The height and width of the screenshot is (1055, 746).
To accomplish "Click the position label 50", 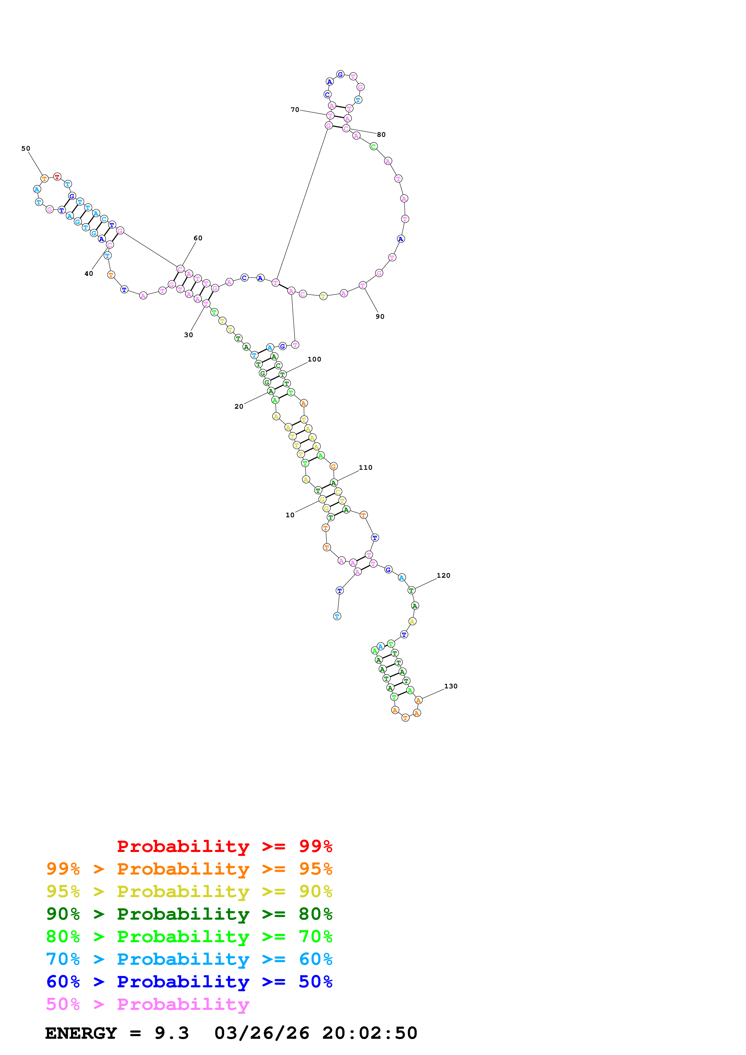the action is click(x=26, y=149).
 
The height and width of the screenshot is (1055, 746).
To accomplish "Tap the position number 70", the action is click(x=295, y=110).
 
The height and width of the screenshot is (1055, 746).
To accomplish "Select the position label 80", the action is click(x=381, y=135).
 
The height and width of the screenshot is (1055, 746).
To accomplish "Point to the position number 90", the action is click(x=380, y=317).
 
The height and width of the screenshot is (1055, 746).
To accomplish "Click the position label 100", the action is click(x=314, y=359).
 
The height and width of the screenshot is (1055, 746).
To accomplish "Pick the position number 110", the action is click(x=365, y=467).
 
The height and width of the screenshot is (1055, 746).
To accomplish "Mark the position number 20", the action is click(x=239, y=407).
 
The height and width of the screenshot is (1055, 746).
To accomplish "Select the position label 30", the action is click(x=188, y=335).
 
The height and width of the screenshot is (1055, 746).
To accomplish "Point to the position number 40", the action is click(x=89, y=274).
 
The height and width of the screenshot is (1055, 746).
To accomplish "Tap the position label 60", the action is click(x=198, y=238).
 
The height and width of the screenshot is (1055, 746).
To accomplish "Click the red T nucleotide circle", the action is click(x=57, y=177).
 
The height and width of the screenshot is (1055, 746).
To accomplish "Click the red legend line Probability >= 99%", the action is click(x=224, y=846).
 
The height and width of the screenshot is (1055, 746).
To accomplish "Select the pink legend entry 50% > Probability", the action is click(x=147, y=1004).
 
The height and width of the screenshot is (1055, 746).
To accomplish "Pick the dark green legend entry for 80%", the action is click(x=189, y=914).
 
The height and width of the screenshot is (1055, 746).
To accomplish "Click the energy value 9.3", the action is click(x=172, y=1033).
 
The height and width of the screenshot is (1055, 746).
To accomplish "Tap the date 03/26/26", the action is click(x=262, y=1033).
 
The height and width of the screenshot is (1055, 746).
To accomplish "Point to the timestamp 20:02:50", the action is click(x=369, y=1033).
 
